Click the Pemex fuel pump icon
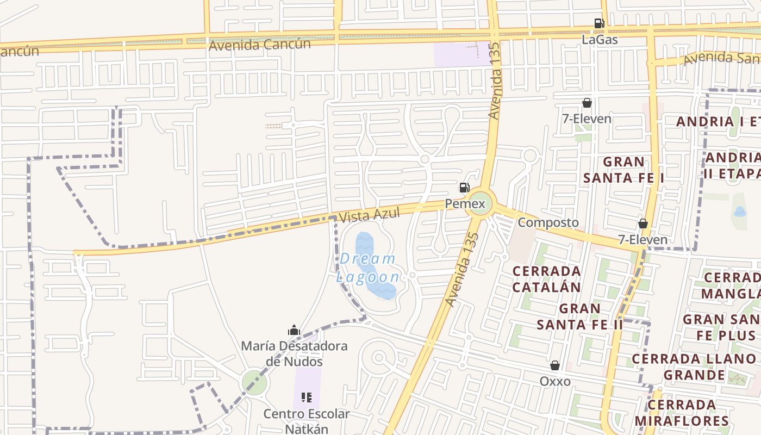point(464,188)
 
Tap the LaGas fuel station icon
point(599,23)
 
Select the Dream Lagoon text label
point(369,268)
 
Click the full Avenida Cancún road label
point(260,45)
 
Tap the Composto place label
point(548,222)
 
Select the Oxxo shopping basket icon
point(555,365)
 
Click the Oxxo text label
point(555,381)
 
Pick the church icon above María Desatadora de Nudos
point(294,330)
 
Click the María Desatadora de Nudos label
point(294,353)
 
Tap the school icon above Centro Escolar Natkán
point(307,397)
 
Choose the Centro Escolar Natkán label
point(307,421)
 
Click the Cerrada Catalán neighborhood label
point(546,278)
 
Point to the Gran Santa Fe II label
point(579,316)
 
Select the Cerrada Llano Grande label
point(694,367)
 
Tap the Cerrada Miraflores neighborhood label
point(682,413)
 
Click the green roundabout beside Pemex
point(481,203)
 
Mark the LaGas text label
point(600,40)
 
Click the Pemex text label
point(465,204)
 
